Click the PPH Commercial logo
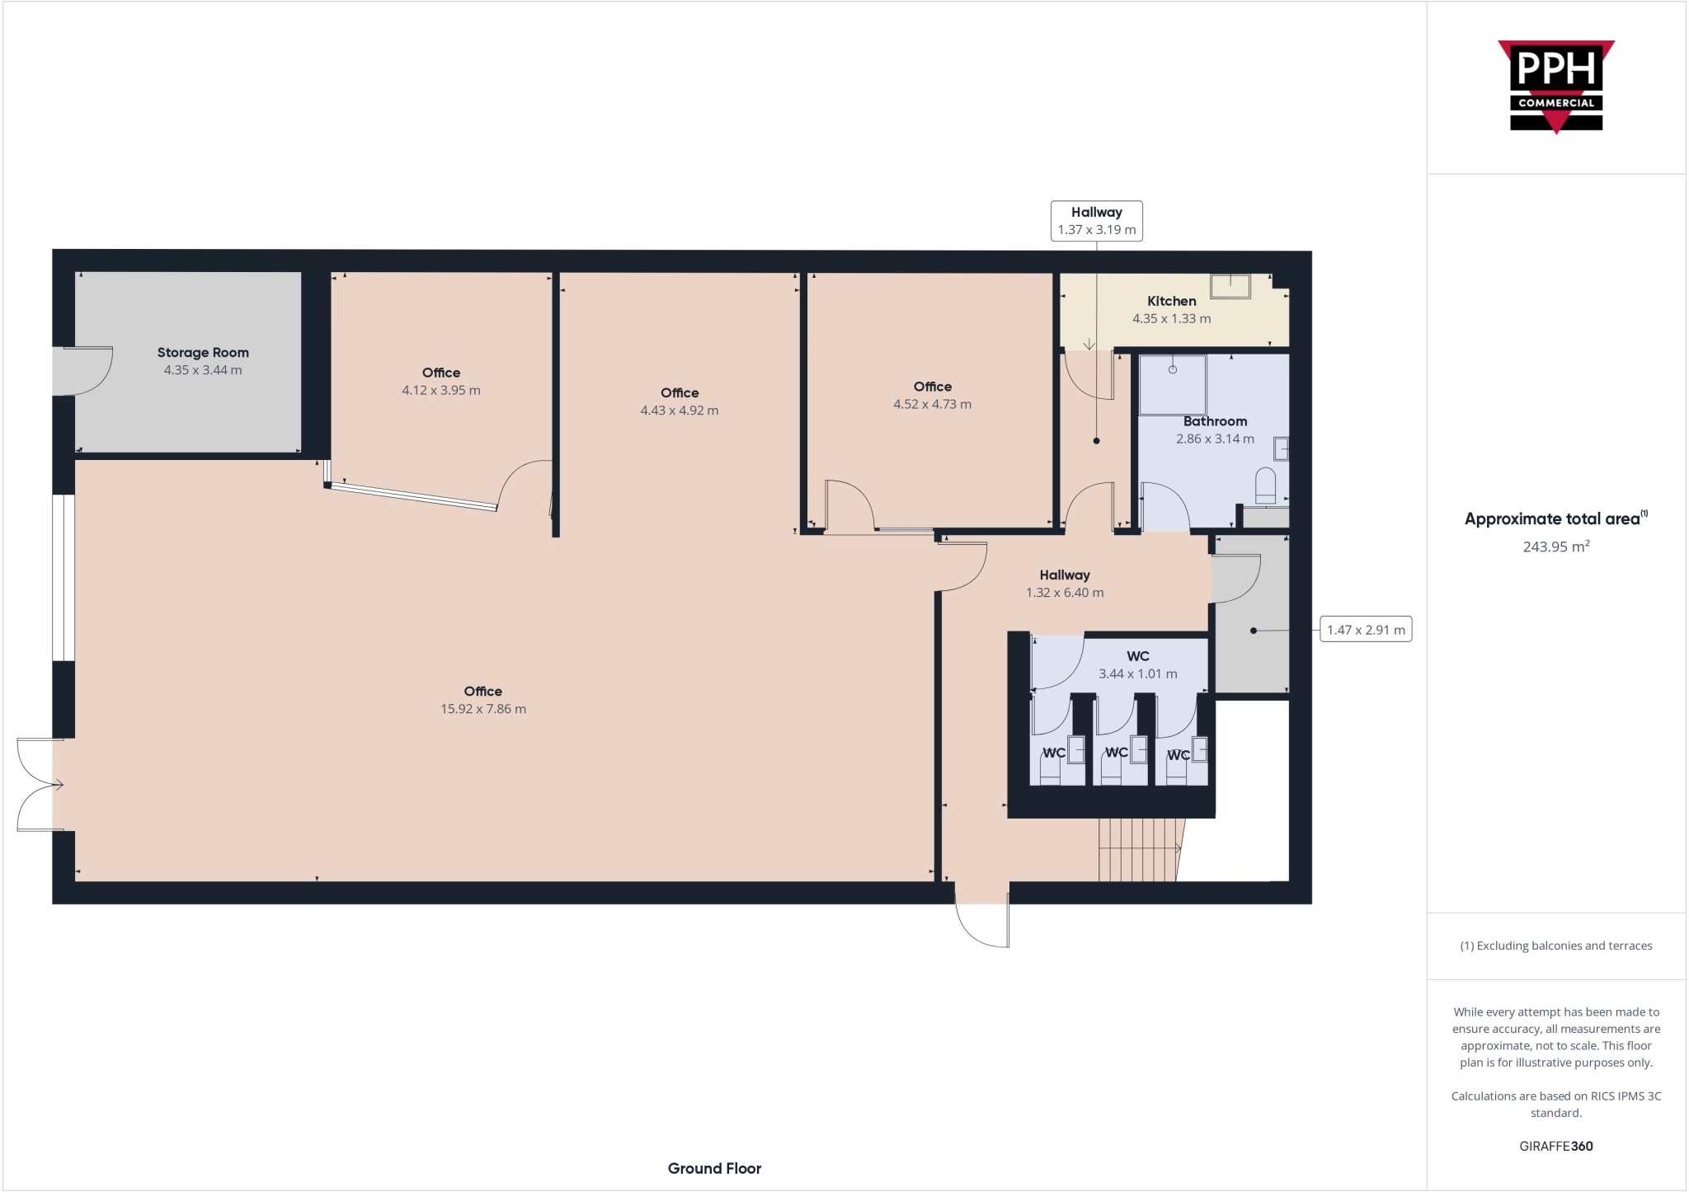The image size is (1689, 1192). pyautogui.click(x=1555, y=87)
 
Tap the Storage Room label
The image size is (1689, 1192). pyautogui.click(x=203, y=353)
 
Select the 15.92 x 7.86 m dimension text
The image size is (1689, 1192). pyautogui.click(x=482, y=709)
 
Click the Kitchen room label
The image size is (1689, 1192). pyautogui.click(x=1171, y=302)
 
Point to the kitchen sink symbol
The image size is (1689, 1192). pyautogui.click(x=1230, y=286)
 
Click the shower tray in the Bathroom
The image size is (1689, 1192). pyautogui.click(x=1172, y=384)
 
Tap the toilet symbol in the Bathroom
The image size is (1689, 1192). pyautogui.click(x=1265, y=486)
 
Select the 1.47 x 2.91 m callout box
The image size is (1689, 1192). pyautogui.click(x=1365, y=630)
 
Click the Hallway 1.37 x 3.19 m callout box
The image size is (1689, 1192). pyautogui.click(x=1096, y=221)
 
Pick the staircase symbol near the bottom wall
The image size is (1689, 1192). pyautogui.click(x=1138, y=849)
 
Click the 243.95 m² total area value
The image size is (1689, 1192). pyautogui.click(x=1555, y=547)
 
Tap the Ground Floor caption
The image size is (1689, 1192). pyautogui.click(x=714, y=1168)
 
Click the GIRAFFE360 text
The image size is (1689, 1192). pyautogui.click(x=1555, y=1146)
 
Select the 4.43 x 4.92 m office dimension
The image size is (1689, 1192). pyautogui.click(x=679, y=411)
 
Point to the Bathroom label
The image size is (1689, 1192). pyautogui.click(x=1215, y=421)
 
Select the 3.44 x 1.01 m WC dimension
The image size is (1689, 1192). pyautogui.click(x=1137, y=673)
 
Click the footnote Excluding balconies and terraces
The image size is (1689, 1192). pyautogui.click(x=1555, y=946)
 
